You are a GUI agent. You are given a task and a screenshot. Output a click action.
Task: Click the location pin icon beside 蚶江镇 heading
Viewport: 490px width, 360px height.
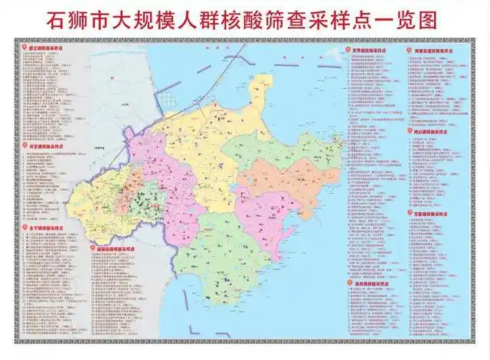coord(21,47)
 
